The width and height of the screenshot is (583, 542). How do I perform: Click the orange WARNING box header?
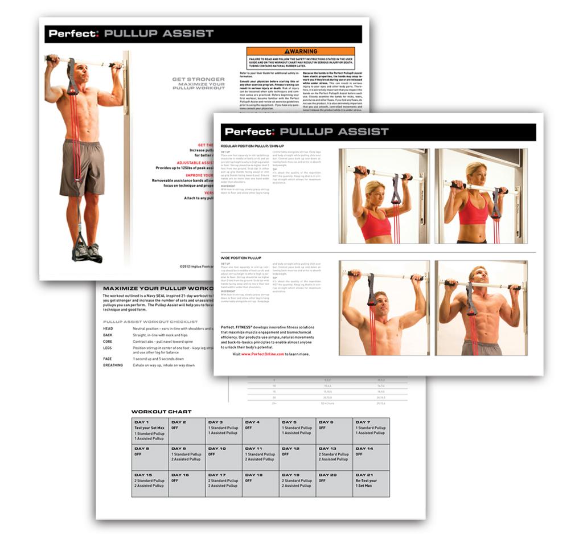tap(300, 51)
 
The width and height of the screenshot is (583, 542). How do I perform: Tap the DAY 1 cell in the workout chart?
tap(150, 430)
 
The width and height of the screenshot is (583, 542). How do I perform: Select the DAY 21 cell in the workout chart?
tap(371, 483)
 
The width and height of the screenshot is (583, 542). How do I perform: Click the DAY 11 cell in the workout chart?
tap(260, 457)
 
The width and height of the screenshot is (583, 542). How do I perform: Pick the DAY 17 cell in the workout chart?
tap(224, 483)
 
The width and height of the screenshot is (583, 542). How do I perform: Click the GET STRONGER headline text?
tap(199, 80)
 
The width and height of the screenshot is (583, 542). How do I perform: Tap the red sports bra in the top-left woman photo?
tap(376, 224)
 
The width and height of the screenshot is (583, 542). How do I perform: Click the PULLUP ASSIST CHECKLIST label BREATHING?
tap(113, 365)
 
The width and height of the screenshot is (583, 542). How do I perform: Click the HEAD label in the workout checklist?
tap(108, 329)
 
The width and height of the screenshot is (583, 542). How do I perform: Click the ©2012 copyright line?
tap(196, 265)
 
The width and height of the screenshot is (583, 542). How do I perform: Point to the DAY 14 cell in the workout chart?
tap(371, 457)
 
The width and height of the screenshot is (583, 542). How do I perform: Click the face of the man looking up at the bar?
tap(479, 277)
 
